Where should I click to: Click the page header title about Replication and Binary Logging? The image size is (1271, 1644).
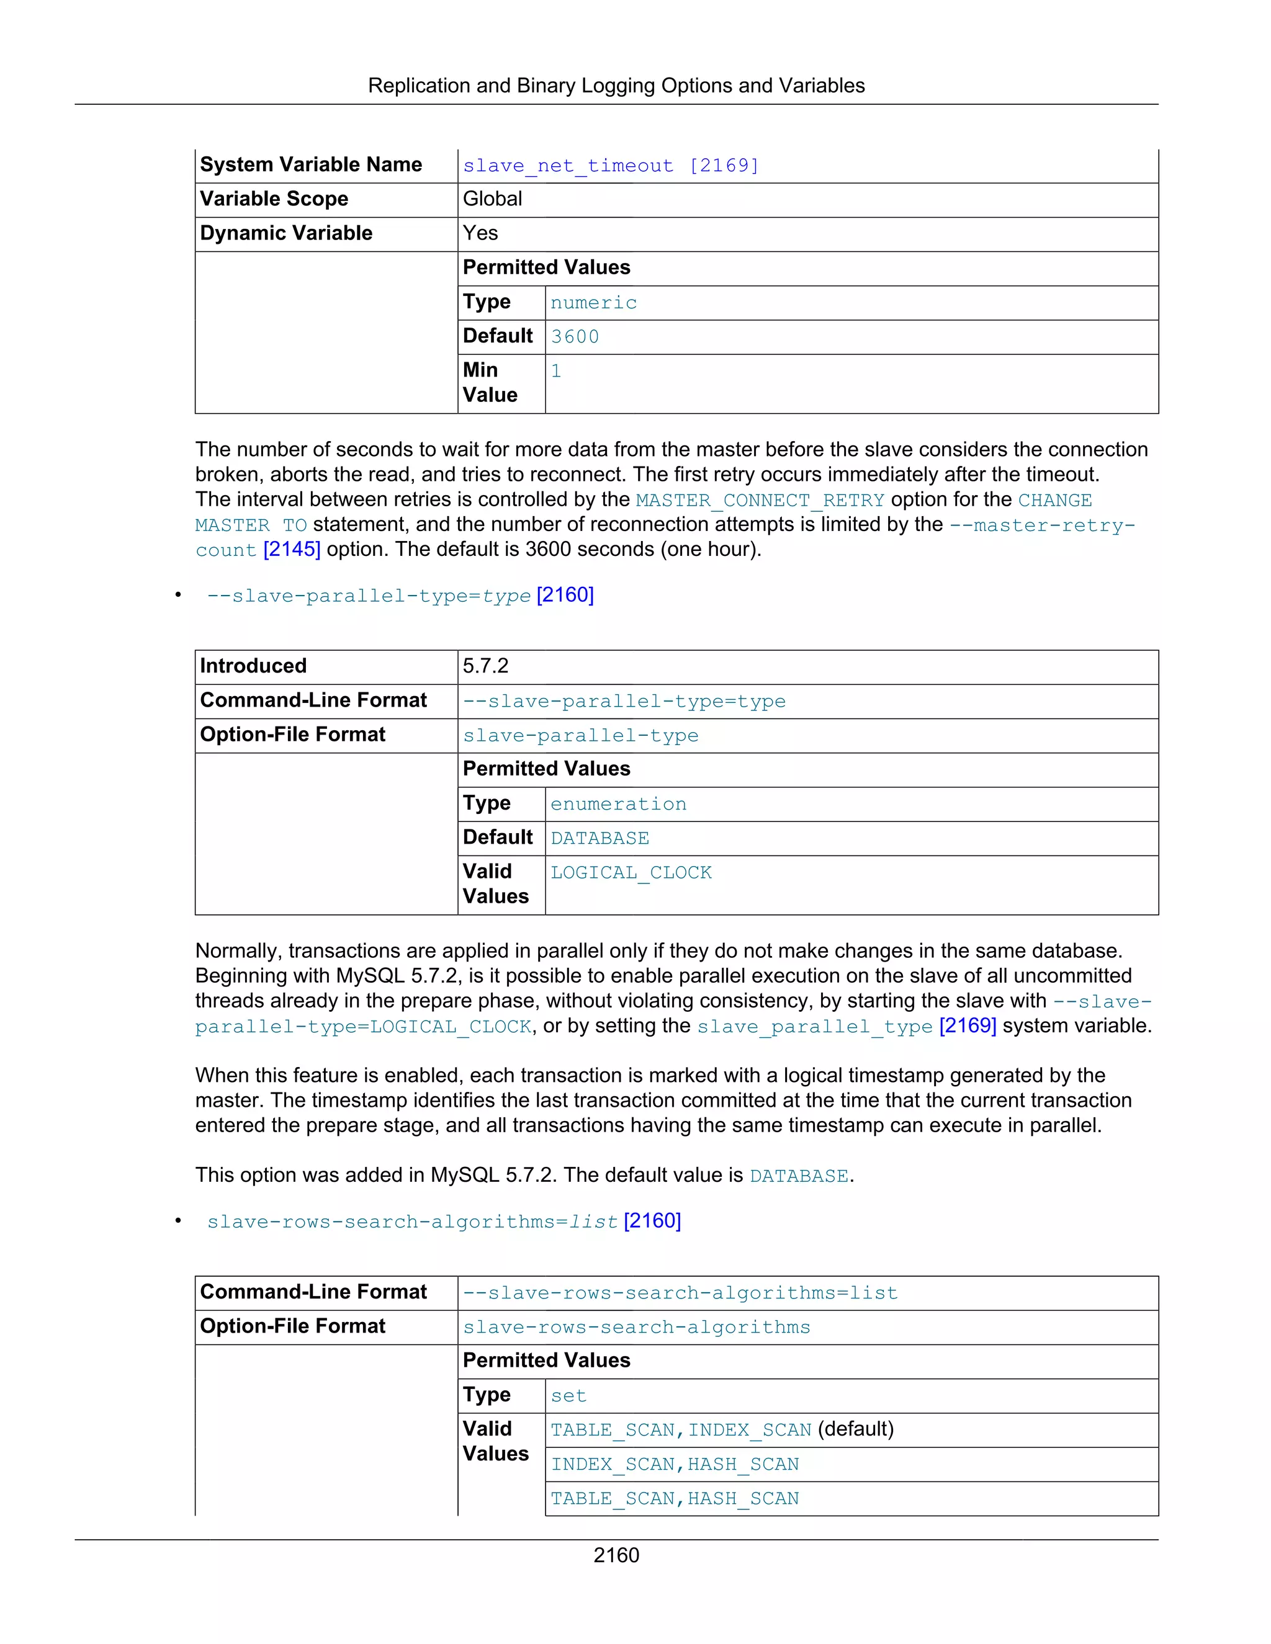click(616, 86)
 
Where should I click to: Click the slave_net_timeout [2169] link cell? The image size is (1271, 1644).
click(611, 166)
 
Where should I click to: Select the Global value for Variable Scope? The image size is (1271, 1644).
click(492, 199)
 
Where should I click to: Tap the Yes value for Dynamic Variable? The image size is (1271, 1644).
click(480, 233)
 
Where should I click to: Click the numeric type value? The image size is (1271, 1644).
click(593, 303)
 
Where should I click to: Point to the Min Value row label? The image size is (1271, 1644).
click(490, 382)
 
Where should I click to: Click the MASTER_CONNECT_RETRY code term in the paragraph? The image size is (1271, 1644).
click(760, 501)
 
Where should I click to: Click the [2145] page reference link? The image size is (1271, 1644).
click(292, 550)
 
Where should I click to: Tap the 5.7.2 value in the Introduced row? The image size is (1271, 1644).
click(486, 666)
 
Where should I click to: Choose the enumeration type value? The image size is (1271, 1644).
click(618, 804)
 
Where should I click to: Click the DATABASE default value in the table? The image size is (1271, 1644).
click(600, 839)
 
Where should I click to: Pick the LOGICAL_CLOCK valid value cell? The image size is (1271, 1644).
click(631, 873)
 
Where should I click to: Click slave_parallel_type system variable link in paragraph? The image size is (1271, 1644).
click(815, 1027)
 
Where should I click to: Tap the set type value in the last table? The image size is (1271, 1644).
click(568, 1396)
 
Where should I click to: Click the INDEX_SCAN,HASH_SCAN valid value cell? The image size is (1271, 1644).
click(675, 1464)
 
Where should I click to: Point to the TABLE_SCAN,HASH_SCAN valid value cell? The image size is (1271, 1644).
click(675, 1499)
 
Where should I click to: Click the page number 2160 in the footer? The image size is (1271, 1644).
click(616, 1555)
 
